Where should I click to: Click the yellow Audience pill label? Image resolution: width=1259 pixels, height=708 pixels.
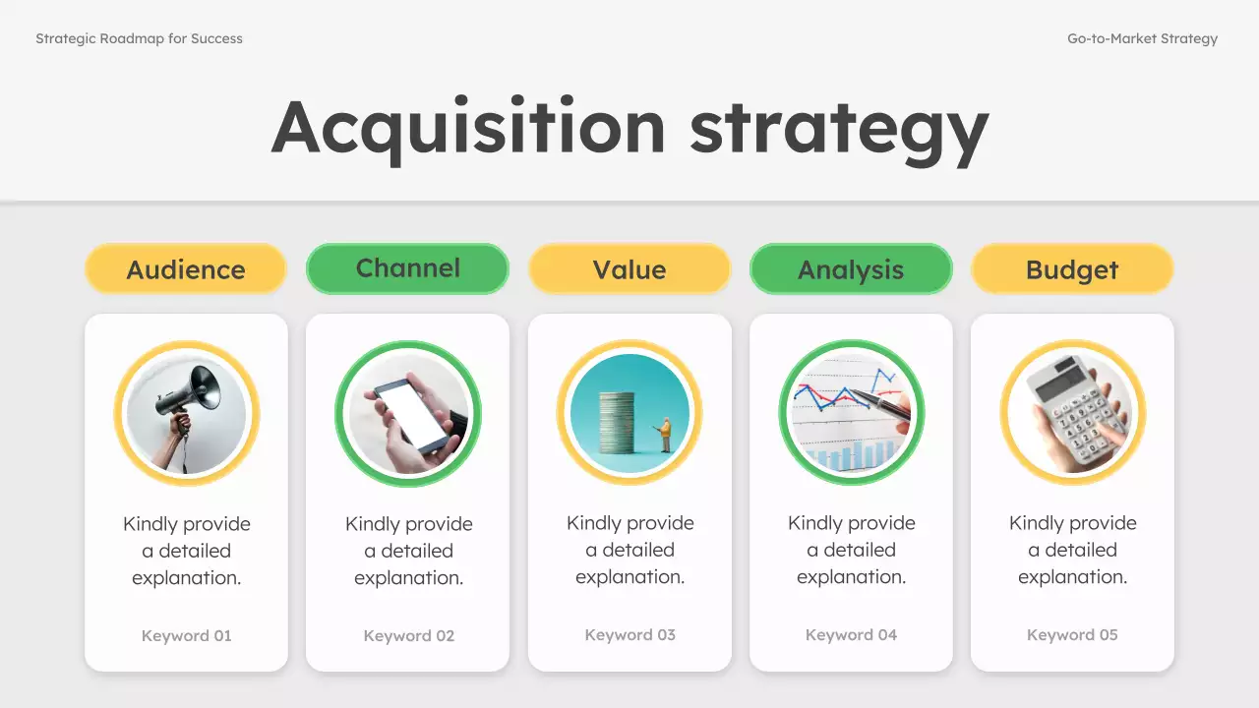pos(186,269)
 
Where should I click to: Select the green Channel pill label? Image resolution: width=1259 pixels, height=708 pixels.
pos(408,268)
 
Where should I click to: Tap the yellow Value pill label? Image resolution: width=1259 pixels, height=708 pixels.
pos(629,269)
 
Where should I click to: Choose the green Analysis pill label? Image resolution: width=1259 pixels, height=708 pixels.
pos(851,269)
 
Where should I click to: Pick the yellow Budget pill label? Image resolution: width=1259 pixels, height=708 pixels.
pos(1072,269)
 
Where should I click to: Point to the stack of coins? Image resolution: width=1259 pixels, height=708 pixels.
pos(618,423)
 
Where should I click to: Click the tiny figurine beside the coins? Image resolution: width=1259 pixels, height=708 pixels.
pos(666,434)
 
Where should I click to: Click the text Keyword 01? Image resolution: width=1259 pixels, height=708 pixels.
pos(187,635)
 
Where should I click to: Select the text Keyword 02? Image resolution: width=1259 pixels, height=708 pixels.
pos(409,635)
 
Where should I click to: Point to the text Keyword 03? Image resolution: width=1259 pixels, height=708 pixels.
pos(630,634)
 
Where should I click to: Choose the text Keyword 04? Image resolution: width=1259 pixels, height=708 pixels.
pos(852,634)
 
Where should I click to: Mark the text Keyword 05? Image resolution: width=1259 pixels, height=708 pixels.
pos(1073,634)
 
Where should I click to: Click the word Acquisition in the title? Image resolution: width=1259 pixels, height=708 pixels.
pos(468,128)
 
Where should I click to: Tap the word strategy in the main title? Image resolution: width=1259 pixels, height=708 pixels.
pos(838,131)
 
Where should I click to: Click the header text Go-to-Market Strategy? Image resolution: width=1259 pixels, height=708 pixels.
pos(1142,39)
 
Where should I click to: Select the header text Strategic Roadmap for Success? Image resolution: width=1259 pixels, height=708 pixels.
pos(139,39)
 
